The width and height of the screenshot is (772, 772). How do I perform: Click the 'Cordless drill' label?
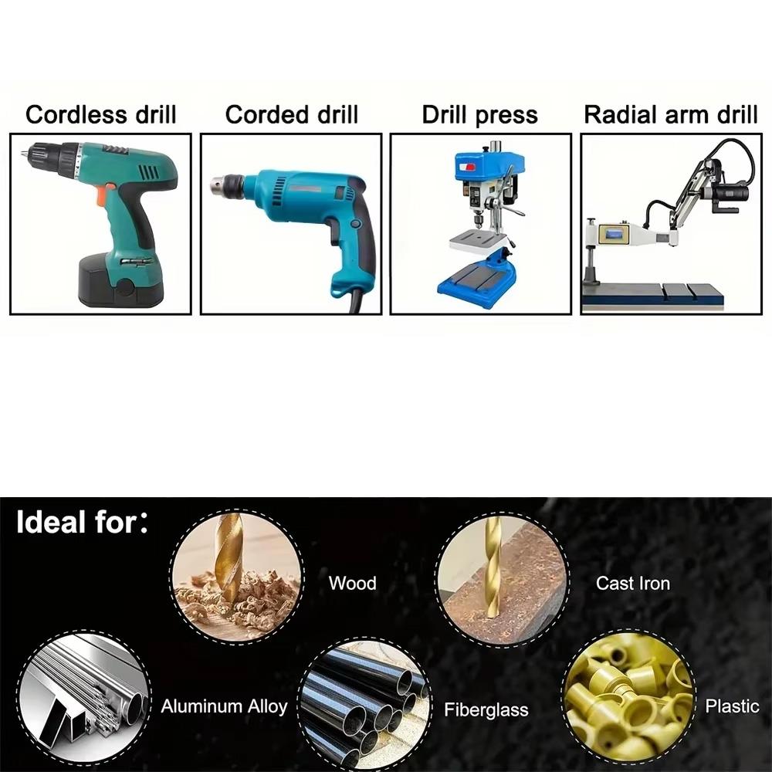click(x=100, y=115)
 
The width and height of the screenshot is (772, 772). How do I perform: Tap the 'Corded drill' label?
click(x=291, y=115)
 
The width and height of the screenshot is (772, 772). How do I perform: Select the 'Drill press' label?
click(x=479, y=115)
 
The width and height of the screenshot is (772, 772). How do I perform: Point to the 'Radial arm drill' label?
click(x=670, y=115)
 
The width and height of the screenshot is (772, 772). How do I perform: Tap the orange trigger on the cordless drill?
click(x=101, y=195)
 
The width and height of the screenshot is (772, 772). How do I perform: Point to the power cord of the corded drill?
click(x=354, y=302)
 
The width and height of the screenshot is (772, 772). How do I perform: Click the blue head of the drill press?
click(x=489, y=166)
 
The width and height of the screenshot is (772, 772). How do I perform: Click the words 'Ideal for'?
click(x=76, y=523)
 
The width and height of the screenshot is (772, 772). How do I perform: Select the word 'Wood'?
click(x=352, y=583)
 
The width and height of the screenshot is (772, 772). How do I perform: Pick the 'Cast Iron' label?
click(x=632, y=583)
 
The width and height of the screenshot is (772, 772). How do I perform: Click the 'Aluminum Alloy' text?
click(x=224, y=706)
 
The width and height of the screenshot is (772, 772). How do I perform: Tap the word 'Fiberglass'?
click(x=486, y=709)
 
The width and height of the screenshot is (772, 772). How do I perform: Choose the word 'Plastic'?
click(x=732, y=706)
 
